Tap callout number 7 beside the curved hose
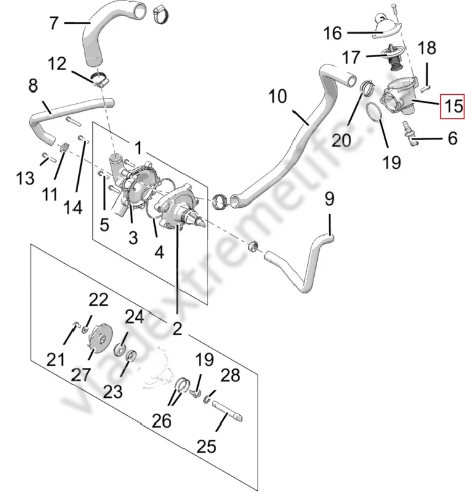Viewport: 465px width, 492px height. point(54,23)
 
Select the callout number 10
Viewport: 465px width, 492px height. point(278,97)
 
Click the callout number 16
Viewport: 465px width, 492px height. point(332,33)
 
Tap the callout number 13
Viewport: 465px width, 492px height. point(25,179)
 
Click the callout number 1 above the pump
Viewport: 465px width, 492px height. point(139,148)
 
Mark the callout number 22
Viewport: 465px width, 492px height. point(98,300)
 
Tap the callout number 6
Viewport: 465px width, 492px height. point(453,138)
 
